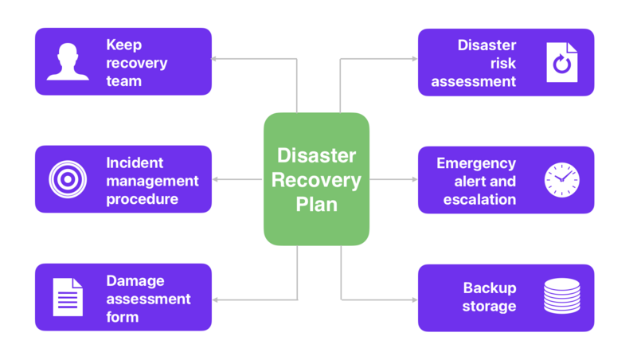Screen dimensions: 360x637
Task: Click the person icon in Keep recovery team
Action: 68,62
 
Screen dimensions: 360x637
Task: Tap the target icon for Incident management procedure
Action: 68,179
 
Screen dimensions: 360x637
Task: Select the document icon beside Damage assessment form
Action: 68,297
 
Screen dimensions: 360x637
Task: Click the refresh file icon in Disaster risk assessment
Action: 562,63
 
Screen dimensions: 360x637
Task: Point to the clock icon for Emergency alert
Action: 562,180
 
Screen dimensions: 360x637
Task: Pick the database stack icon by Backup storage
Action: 562,296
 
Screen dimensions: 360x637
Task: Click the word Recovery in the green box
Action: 316,179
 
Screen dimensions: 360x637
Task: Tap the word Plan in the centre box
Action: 316,204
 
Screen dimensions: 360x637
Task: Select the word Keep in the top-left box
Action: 123,45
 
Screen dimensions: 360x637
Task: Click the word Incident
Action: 135,162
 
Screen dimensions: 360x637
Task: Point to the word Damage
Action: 135,280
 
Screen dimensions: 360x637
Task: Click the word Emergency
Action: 476,163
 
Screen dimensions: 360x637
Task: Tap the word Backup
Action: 489,288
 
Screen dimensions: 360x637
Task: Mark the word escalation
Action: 479,199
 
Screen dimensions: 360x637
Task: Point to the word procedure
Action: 142,199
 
